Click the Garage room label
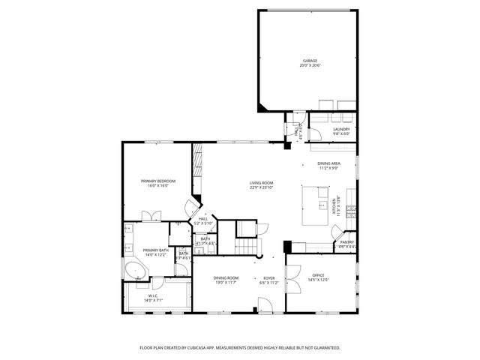310,61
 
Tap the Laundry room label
341,130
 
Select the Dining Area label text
328,163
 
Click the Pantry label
346,242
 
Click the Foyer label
268,278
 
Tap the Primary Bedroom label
158,181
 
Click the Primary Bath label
155,250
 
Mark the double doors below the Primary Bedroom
151,215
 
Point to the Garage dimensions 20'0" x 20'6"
310,65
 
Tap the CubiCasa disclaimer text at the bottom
240,348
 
